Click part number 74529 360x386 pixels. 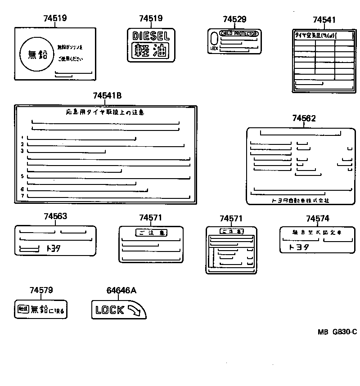(234, 19)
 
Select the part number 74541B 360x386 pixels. (107, 96)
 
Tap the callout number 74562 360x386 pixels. (304, 118)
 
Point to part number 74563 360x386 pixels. (55, 216)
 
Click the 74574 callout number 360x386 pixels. (317, 218)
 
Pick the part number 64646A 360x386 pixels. (121, 291)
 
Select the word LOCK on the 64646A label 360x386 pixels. (110, 310)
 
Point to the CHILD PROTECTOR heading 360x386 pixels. (238, 34)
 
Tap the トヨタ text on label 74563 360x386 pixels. (53, 248)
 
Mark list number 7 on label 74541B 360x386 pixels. (22, 196)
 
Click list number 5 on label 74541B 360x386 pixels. (22, 176)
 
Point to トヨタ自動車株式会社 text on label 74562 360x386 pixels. (300, 200)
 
